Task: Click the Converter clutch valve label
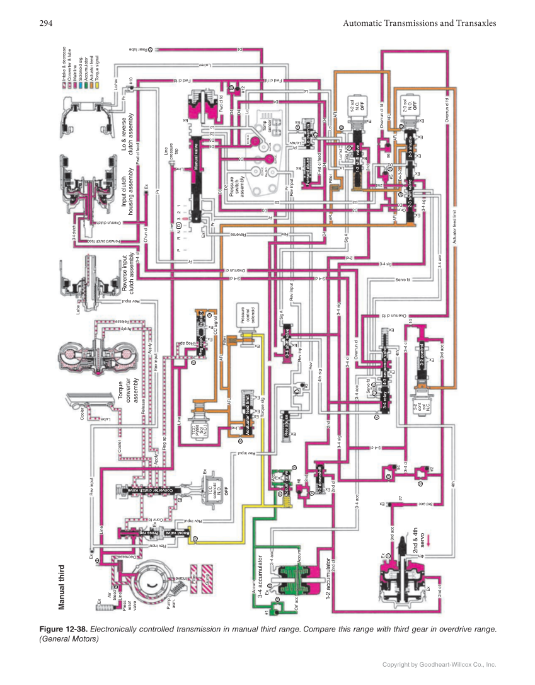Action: click(149, 490)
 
